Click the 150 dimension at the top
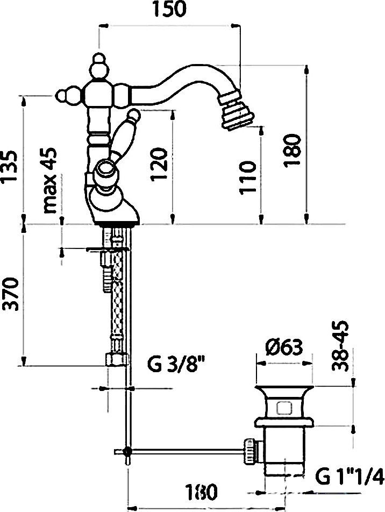point(170,10)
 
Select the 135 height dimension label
point(9,167)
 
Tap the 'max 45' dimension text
point(50,180)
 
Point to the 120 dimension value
point(159,163)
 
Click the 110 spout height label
point(247,177)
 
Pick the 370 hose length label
point(9,294)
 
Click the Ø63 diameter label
point(284,347)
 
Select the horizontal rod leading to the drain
point(187,452)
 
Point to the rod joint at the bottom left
point(127,452)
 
